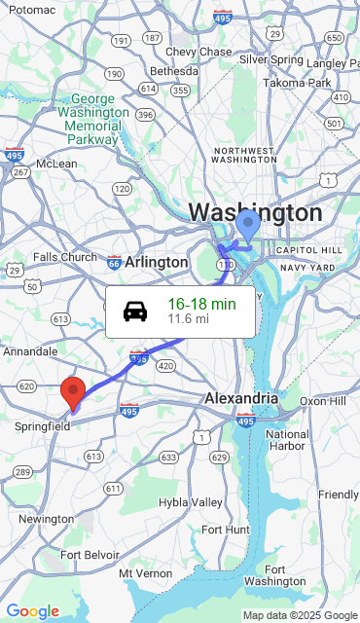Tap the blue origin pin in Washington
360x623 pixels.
pyautogui.click(x=248, y=225)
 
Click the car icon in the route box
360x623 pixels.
pyautogui.click(x=135, y=311)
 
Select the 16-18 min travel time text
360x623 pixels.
pyautogui.click(x=201, y=304)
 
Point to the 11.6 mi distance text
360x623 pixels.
pyautogui.click(x=188, y=318)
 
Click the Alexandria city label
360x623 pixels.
pyautogui.click(x=240, y=399)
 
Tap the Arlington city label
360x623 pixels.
pyautogui.click(x=156, y=262)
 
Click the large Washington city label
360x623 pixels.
pyautogui.click(x=255, y=212)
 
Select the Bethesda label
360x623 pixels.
pyautogui.click(x=174, y=71)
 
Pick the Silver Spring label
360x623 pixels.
pyautogui.click(x=271, y=59)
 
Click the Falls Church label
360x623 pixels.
pyautogui.click(x=65, y=257)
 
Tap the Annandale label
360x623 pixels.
pyautogui.click(x=30, y=350)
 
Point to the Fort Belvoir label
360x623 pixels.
pyautogui.click(x=90, y=555)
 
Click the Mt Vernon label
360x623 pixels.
pyautogui.click(x=146, y=574)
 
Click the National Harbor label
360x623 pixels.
pyautogui.click(x=287, y=441)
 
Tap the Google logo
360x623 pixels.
pyautogui.click(x=32, y=611)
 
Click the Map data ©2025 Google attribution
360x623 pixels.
pyautogui.click(x=300, y=615)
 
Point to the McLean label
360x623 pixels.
pyautogui.click(x=56, y=164)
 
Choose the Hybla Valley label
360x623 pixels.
pyautogui.click(x=191, y=502)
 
